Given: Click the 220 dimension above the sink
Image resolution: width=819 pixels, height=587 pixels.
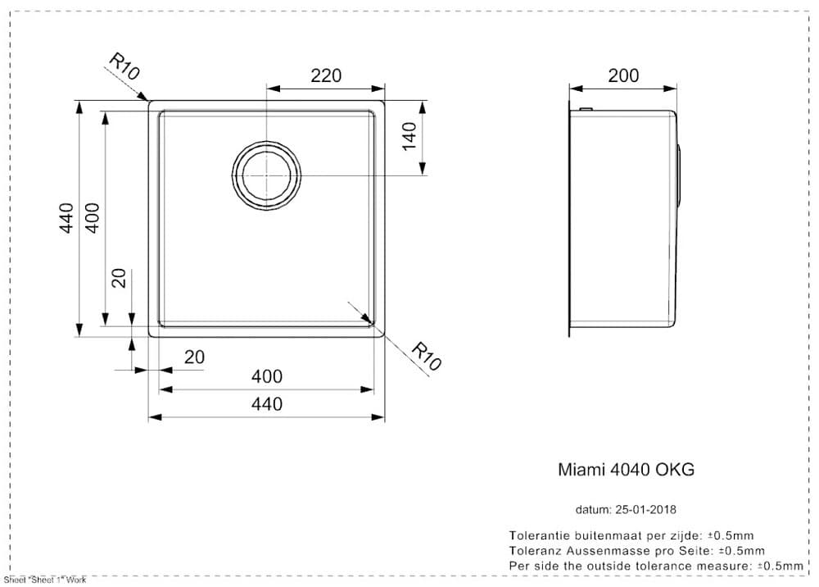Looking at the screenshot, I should click(326, 76).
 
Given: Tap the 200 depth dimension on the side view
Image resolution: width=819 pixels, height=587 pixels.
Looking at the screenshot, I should click(623, 76).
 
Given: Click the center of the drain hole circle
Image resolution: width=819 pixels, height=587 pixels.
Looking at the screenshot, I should click(267, 176).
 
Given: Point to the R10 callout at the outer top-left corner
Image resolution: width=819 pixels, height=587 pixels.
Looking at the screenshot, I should click(124, 66).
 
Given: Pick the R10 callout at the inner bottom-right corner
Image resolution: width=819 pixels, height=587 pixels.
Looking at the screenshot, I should click(426, 357).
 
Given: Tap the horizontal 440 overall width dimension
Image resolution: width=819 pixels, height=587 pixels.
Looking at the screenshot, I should click(266, 404).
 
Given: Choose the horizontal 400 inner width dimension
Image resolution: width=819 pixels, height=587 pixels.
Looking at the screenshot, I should click(266, 376).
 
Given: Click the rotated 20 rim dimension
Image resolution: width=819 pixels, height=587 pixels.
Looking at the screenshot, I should click(120, 278).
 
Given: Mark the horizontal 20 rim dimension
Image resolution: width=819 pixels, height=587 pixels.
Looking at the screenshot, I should click(194, 357).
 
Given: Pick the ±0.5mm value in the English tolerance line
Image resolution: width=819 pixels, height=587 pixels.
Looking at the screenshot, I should click(780, 566).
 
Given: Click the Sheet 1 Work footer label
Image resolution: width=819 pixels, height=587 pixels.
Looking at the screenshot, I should click(44, 580).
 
